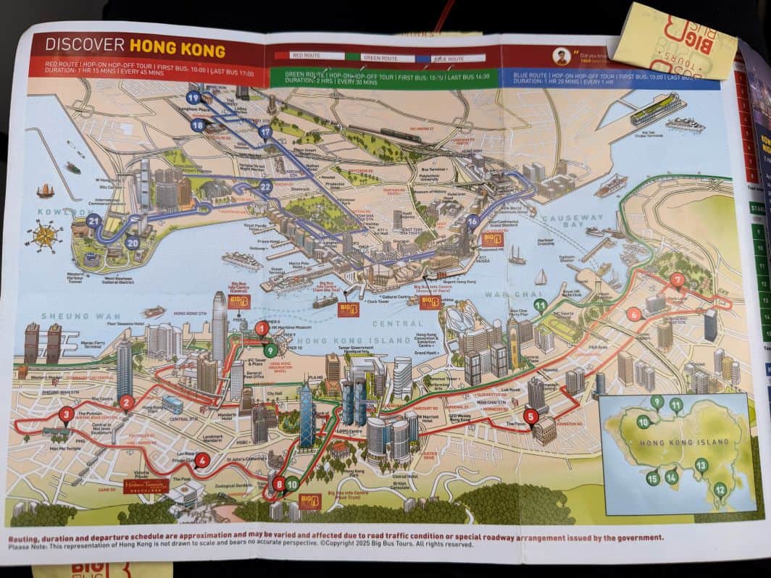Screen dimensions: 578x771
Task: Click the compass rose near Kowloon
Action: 44,236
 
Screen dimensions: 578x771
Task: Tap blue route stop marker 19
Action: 193,97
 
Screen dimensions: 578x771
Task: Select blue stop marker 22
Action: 265,187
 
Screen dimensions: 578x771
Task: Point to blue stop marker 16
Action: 472,222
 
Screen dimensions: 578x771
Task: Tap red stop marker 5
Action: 531,416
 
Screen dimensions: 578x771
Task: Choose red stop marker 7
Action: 678,280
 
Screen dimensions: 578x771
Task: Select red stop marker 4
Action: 202,459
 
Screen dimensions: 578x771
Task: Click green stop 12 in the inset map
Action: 720,490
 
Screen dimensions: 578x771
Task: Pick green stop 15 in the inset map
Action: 653,477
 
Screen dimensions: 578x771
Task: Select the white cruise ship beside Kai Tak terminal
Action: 685,124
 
